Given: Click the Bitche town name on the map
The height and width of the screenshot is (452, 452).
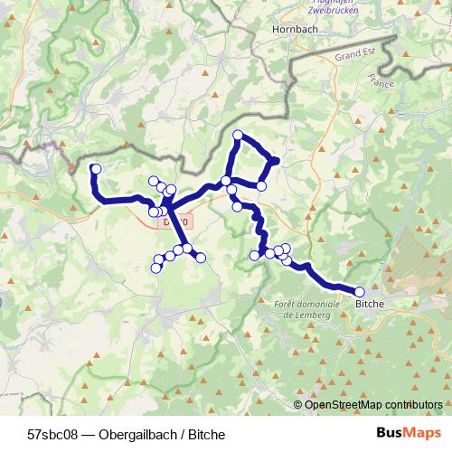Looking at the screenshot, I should tap(370, 305).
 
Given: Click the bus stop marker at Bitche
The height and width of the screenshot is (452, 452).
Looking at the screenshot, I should tap(360, 292).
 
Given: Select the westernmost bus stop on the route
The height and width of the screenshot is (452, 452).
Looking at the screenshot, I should tap(96, 169).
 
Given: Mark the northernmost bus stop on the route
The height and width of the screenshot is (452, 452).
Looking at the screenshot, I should tap(238, 136).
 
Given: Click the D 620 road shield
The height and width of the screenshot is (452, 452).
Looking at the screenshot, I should tap(174, 221).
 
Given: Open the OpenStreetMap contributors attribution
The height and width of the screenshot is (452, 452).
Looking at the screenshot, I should tap(373, 404).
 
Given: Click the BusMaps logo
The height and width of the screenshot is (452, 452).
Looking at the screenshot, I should tap(408, 434).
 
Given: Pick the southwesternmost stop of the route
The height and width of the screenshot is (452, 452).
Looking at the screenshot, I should tap(155, 268).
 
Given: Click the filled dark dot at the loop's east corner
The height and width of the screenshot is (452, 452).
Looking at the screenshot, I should tap(274, 162).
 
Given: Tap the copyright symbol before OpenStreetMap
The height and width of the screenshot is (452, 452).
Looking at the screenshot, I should tap(299, 404).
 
